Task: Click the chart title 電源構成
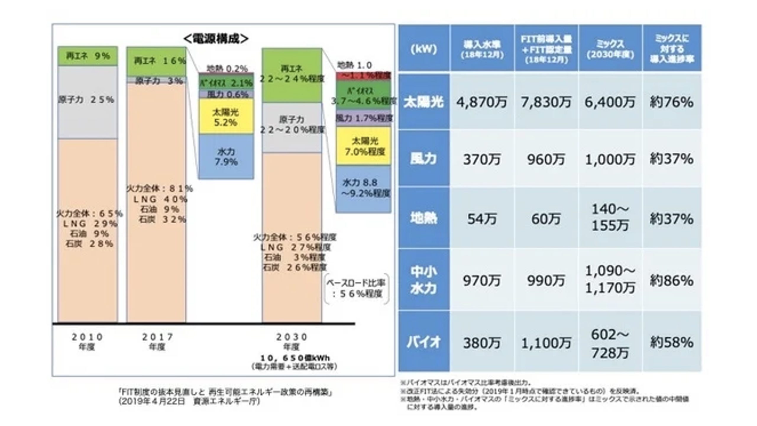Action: [216, 39]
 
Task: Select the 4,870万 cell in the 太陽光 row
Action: [481, 102]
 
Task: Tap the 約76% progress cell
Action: [671, 102]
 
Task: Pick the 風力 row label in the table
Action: [423, 159]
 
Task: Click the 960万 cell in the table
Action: [546, 159]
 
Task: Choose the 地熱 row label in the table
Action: [423, 218]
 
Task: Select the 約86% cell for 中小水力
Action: [671, 280]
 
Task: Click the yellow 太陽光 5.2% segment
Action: [226, 117]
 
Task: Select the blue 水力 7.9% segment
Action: [226, 157]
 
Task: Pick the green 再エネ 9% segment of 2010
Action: [88, 56]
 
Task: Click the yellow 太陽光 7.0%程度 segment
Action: [364, 146]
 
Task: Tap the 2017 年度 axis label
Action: [157, 341]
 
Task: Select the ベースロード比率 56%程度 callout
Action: [356, 288]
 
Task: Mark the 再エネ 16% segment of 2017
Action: [157, 61]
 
